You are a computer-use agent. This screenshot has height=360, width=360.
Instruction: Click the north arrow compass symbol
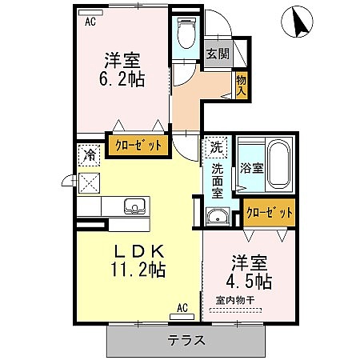(x=297, y=22)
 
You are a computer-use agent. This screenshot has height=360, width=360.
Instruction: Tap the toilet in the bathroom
(x=186, y=33)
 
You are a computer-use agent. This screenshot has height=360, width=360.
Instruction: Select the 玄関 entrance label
(x=218, y=54)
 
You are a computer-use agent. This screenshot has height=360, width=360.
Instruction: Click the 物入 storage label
(x=242, y=86)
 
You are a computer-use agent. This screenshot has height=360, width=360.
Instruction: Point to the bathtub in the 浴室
(x=278, y=165)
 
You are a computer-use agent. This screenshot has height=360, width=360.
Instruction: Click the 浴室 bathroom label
(x=252, y=168)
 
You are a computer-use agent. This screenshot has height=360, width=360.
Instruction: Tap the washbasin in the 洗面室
(x=218, y=216)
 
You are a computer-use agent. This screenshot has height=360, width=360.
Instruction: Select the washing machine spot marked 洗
(x=217, y=147)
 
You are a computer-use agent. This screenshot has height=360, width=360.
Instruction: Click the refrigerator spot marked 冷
(x=89, y=155)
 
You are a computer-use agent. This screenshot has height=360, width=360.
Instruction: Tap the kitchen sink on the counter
(x=135, y=206)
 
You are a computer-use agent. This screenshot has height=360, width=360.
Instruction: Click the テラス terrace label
(x=186, y=340)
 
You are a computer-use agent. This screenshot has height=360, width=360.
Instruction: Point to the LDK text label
(x=139, y=251)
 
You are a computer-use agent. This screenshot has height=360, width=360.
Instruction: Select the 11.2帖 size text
(x=138, y=270)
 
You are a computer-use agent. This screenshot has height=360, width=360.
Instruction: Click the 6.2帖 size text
(x=122, y=78)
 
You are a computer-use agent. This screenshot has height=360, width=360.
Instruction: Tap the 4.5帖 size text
(x=249, y=282)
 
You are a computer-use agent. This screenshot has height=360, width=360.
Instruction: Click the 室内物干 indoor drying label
(x=235, y=301)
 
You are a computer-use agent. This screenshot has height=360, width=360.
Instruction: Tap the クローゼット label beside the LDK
(x=138, y=146)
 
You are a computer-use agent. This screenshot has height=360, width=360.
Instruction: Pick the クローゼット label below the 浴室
(x=270, y=213)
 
